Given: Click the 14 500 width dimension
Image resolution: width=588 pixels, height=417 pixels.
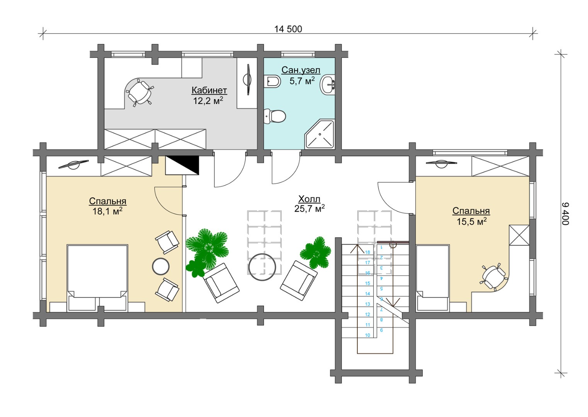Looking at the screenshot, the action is pos(288,29).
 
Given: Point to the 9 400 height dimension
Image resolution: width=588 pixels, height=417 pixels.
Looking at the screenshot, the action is pos(565,214).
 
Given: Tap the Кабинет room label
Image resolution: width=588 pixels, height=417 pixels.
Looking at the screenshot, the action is pos(209,90).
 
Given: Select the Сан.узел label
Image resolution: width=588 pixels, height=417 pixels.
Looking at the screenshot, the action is pos(301,70).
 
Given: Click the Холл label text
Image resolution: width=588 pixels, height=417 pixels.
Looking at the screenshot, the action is pos(309,199).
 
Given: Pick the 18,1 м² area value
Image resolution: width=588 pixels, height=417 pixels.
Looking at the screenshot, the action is pos(107,211).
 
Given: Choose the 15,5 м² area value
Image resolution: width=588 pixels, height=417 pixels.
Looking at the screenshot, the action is pos(471,221).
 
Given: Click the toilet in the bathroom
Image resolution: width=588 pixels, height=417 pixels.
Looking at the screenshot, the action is pos(275,116).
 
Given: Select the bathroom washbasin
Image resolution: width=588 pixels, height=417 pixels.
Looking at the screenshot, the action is pos(327,84).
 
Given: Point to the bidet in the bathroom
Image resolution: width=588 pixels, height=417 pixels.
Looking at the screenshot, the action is pos(272,81).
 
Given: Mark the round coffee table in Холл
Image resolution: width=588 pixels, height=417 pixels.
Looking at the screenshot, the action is pos(262,267).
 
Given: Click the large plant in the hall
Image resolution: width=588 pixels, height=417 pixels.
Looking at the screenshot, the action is pos(207,247).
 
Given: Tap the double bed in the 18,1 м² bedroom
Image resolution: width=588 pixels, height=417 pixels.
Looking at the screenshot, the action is pos(97,278).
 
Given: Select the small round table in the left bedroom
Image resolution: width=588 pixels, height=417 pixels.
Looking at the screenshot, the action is pos(161,266).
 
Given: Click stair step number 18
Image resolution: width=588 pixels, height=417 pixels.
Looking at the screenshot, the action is pos(367,253).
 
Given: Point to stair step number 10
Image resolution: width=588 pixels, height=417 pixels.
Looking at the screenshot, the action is pos(367,335).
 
